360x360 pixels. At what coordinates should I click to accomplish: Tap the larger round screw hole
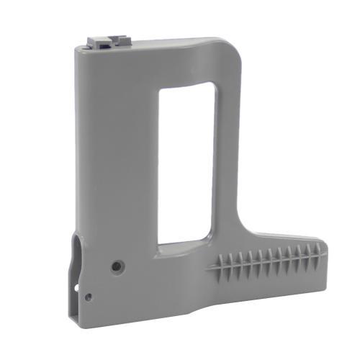click(x=116, y=266)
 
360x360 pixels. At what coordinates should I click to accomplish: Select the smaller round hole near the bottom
click(x=88, y=296)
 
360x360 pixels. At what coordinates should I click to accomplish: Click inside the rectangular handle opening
click(x=186, y=162)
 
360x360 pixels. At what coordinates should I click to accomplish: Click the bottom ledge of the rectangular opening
click(x=184, y=244)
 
